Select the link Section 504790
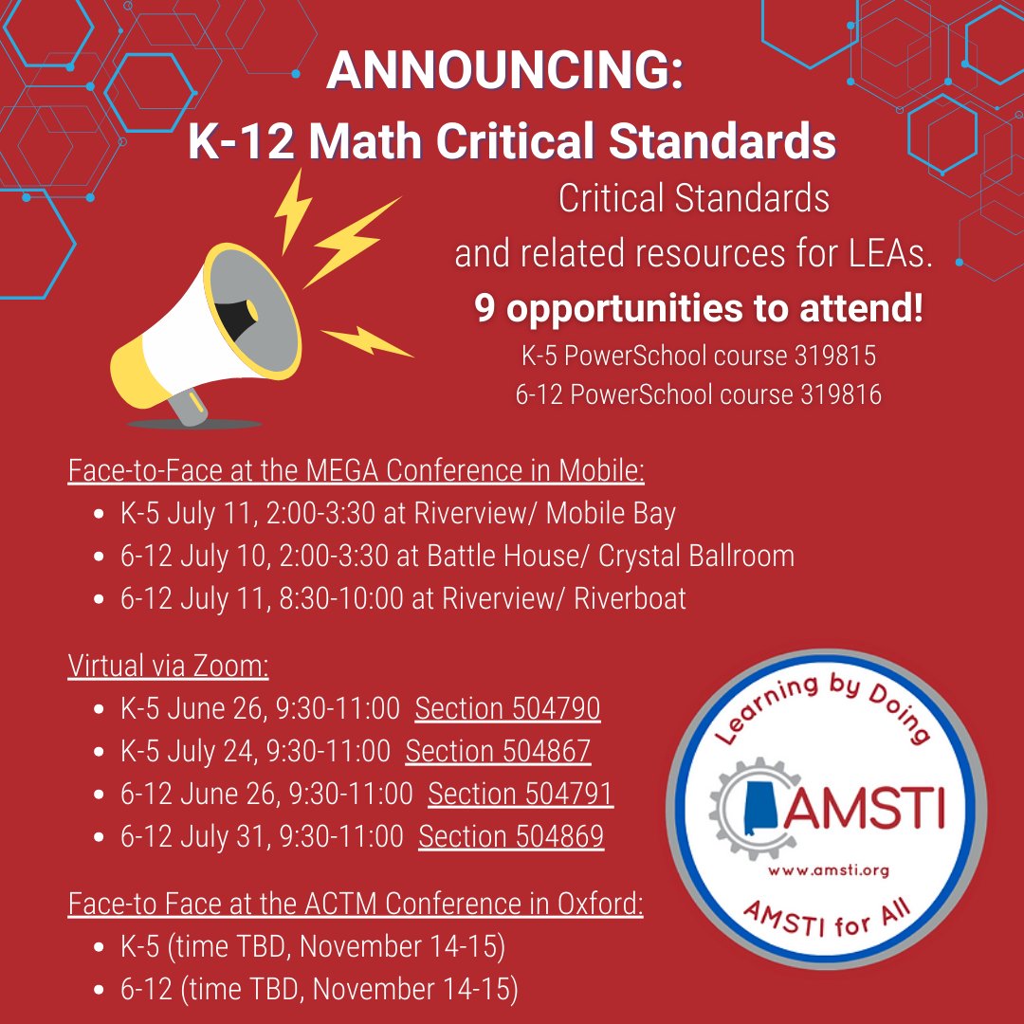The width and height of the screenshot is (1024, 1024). [x=507, y=708]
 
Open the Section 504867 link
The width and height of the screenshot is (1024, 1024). [x=498, y=751]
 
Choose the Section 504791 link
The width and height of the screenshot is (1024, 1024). [x=521, y=794]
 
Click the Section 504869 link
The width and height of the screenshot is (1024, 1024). [x=511, y=836]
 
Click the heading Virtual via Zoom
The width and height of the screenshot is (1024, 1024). [x=169, y=666]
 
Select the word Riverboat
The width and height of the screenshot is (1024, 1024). [x=630, y=598]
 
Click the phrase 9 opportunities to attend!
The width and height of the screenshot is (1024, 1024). [x=699, y=310]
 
